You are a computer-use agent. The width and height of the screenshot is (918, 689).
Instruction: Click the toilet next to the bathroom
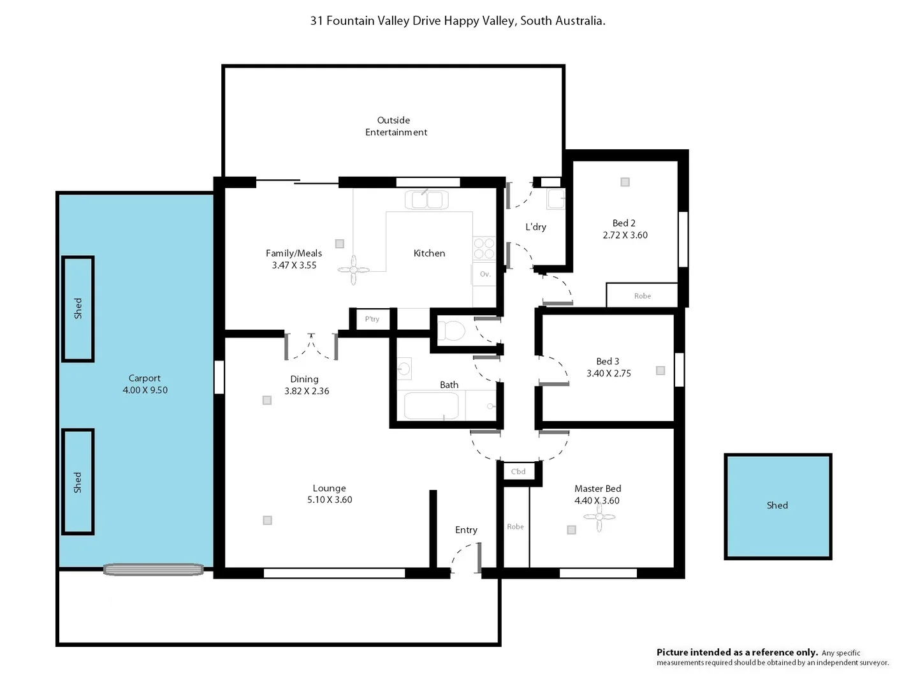click(451, 331)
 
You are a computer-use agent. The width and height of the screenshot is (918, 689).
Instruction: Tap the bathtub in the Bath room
click(431, 406)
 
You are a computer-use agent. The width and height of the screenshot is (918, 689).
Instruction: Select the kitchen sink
click(426, 200)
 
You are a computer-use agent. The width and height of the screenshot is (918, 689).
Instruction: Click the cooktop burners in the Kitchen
click(484, 248)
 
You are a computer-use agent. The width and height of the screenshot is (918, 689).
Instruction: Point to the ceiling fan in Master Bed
click(598, 517)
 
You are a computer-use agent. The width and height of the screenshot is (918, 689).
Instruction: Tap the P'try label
click(372, 319)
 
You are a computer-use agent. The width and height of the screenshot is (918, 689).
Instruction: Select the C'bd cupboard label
click(518, 471)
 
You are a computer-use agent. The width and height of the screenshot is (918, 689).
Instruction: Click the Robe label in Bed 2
click(642, 296)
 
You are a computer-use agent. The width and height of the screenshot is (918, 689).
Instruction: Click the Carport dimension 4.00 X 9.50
click(145, 390)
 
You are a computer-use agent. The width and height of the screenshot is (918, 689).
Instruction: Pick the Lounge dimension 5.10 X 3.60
click(330, 500)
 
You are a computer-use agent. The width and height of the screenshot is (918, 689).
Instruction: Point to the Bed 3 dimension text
click(608, 374)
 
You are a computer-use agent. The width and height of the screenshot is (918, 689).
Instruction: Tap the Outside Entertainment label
click(395, 126)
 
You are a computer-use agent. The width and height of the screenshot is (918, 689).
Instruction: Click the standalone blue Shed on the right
click(777, 506)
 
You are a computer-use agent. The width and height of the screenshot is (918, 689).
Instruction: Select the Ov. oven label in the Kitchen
click(484, 274)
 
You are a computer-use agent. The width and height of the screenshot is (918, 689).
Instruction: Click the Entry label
click(466, 530)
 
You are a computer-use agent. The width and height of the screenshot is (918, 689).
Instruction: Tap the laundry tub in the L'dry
click(555, 199)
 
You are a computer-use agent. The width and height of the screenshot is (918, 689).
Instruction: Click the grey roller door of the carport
click(154, 569)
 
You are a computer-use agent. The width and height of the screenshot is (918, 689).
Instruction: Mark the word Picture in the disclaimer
click(673, 652)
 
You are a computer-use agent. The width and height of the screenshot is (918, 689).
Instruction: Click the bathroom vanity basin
click(404, 369)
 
